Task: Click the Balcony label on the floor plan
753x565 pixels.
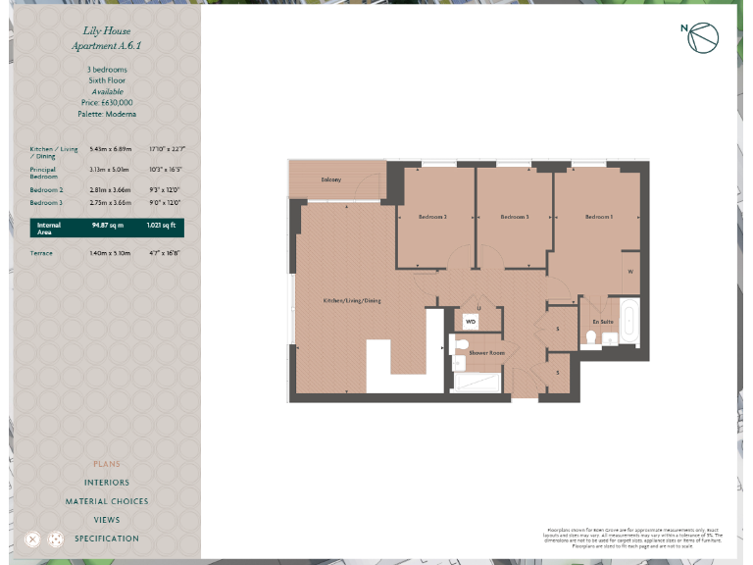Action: click(x=330, y=180)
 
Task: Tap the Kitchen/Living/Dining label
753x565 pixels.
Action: click(x=352, y=300)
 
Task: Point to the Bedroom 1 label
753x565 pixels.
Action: click(x=599, y=217)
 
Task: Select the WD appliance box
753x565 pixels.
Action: click(x=471, y=321)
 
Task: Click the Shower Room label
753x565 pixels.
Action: click(x=485, y=351)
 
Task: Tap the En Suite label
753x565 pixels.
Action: click(x=602, y=322)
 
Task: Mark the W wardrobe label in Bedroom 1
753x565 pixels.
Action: click(x=630, y=272)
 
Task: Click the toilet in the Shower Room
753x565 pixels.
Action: click(x=459, y=343)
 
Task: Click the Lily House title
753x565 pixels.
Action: click(x=107, y=31)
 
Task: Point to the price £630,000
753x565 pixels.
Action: click(x=107, y=102)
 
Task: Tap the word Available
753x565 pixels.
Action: click(x=107, y=91)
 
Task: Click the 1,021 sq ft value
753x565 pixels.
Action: click(x=161, y=225)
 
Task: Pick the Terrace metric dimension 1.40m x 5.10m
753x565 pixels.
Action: click(x=107, y=253)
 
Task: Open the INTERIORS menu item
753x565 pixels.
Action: click(x=107, y=483)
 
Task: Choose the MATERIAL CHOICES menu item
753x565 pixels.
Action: click(x=107, y=501)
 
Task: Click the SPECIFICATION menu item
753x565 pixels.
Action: click(x=107, y=539)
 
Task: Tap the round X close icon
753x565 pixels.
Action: click(x=32, y=539)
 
